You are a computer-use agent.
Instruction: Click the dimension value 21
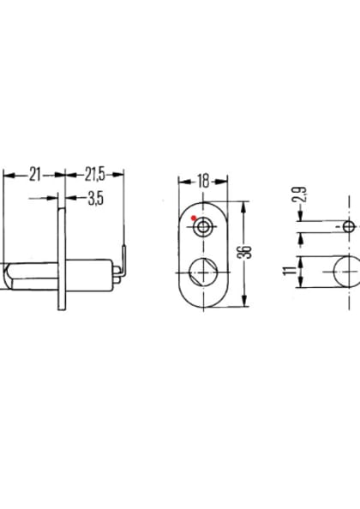35,174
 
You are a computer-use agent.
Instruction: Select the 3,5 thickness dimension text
96,199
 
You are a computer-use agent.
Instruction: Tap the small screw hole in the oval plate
202,227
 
